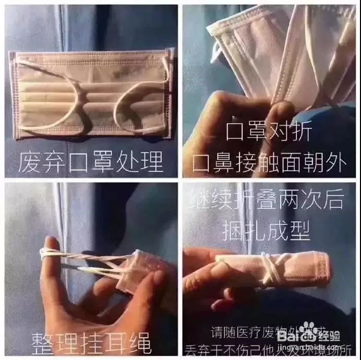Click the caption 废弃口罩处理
[91, 162]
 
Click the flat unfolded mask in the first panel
[91, 94]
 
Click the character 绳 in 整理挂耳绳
[141, 344]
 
